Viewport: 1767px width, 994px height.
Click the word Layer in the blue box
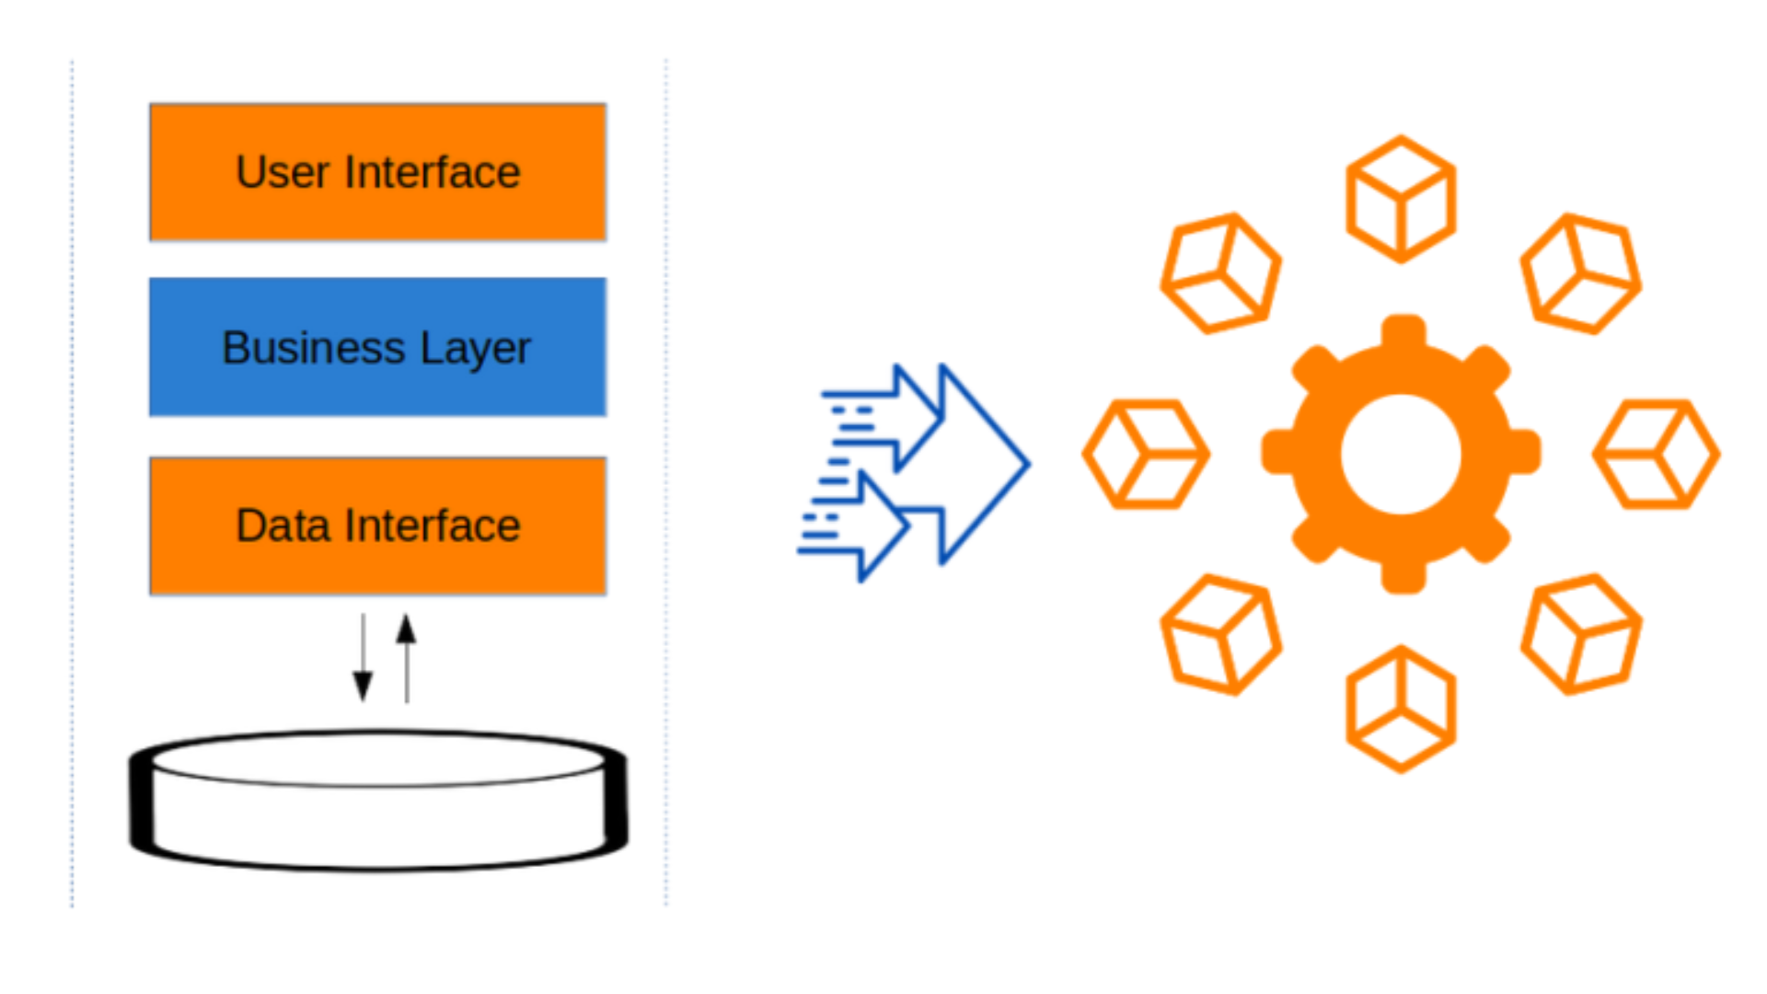click(x=475, y=349)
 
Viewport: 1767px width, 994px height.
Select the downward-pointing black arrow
click(x=363, y=659)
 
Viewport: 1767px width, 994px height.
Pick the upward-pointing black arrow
click(x=407, y=657)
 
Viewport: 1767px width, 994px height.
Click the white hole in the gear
click(x=1401, y=454)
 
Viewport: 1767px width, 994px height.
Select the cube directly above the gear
click(x=1401, y=199)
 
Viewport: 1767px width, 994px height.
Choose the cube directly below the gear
click(x=1401, y=709)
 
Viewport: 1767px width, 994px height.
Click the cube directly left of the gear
click(x=1146, y=454)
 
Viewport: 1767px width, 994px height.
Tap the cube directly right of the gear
click(x=1657, y=454)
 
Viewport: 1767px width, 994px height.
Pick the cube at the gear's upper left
click(x=1220, y=273)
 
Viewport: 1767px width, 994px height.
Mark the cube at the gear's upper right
click(x=1581, y=273)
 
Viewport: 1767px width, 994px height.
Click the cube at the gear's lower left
click(x=1220, y=634)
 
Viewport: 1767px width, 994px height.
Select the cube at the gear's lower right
click(x=1581, y=634)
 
